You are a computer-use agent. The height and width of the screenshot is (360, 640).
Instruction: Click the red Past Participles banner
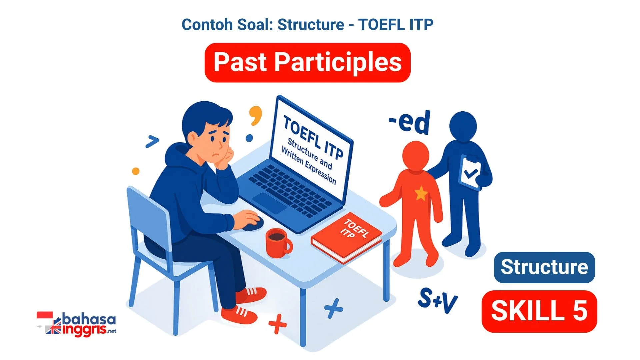307,62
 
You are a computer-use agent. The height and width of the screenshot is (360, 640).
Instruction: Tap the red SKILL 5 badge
539,311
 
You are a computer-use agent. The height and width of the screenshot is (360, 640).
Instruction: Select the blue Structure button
544,267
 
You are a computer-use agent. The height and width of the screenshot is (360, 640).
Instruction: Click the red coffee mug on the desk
278,243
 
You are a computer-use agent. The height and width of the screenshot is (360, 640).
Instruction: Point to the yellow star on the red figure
421,193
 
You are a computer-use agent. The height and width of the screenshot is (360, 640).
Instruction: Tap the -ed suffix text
410,122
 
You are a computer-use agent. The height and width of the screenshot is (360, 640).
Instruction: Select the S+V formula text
438,300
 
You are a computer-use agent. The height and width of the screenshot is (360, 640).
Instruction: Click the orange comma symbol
256,115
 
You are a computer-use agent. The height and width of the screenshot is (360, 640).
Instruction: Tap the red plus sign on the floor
277,324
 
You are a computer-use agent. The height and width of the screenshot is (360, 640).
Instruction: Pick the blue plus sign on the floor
333,308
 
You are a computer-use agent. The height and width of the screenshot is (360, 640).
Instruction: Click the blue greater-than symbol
152,142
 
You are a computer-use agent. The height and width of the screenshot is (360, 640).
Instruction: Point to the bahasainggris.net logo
77,324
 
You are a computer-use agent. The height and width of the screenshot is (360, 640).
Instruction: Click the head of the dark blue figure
463,126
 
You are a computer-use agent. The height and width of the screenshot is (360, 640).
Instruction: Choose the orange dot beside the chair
136,171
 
